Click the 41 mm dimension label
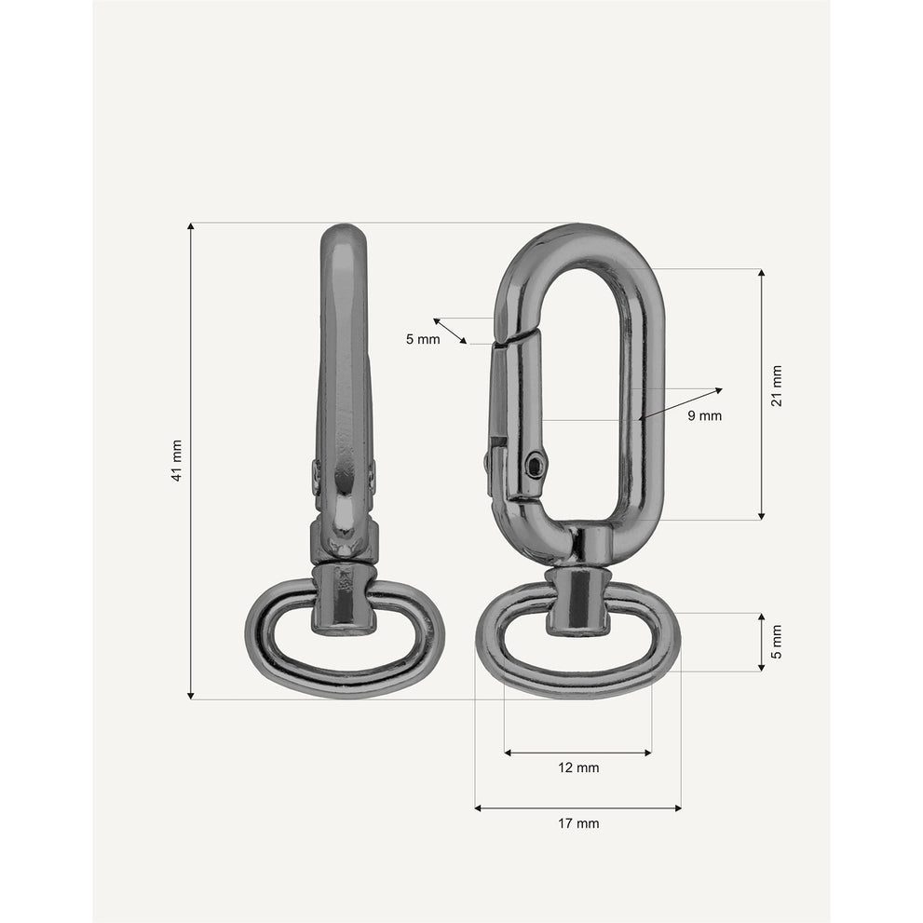[x=177, y=461]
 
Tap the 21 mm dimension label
[x=777, y=387]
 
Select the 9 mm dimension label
[x=705, y=415]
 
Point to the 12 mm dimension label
[x=578, y=767]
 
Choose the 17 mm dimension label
[x=578, y=823]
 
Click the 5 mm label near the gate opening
[x=423, y=339]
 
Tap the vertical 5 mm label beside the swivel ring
[x=777, y=642]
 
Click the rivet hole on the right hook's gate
[x=536, y=466]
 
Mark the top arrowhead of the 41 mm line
[x=190, y=226]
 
